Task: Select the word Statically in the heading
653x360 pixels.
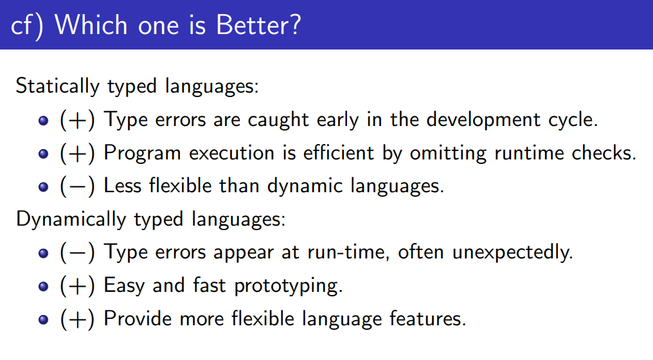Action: coord(57,87)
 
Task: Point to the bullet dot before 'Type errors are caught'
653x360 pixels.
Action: coord(43,121)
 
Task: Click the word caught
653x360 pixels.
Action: coord(278,121)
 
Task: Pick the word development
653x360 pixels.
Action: coord(483,120)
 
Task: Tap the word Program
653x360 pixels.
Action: coord(142,154)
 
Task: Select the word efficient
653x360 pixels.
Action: coord(338,153)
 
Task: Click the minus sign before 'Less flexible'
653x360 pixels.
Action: coord(77,186)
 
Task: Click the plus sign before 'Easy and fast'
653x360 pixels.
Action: coord(77,286)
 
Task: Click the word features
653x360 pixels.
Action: coord(427,319)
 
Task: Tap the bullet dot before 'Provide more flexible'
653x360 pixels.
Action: coord(43,320)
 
